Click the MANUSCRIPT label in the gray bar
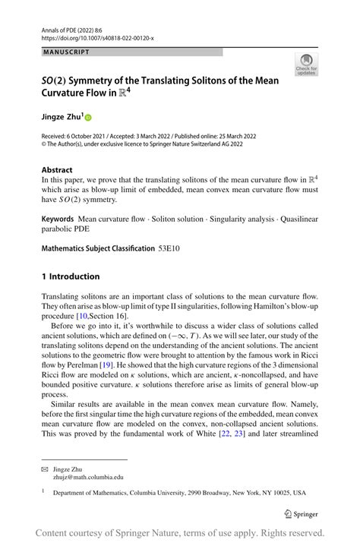point(66,52)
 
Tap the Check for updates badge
point(307,65)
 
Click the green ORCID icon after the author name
point(87,118)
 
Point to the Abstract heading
point(57,170)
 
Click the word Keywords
point(57,219)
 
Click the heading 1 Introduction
point(70,276)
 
